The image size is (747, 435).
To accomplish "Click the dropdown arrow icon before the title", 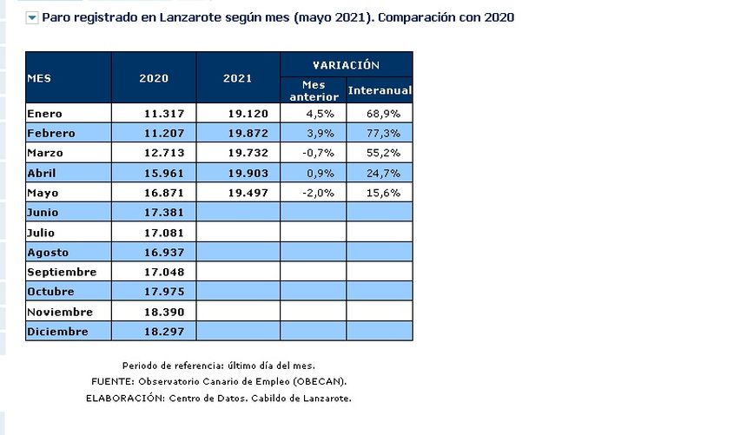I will pos(32,17).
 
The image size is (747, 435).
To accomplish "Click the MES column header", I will pos(39,77).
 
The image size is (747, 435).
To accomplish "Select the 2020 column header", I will pos(154,78).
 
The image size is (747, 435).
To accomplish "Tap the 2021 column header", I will pos(237,78).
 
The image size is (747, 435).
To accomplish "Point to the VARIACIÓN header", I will pos(347,64).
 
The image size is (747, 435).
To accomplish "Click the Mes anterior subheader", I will pos(313,90).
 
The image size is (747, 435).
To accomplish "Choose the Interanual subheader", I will pos(380,90).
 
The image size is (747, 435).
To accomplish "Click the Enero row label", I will pos(45,113).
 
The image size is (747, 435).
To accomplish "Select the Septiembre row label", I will pos(62,272).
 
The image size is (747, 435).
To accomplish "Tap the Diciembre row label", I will pos(57,332).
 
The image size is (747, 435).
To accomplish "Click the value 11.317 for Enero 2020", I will pos(166,113).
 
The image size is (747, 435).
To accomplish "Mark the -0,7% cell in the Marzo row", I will pos(320,153).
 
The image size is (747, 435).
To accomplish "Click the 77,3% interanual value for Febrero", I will pos(384,133).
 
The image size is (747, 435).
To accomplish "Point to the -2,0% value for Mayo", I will pos(320,193).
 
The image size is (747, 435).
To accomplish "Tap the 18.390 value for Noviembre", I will pos(166,312).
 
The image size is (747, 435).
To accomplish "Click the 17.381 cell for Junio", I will pos(166,213).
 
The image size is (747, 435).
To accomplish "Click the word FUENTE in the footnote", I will pos(111,382).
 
